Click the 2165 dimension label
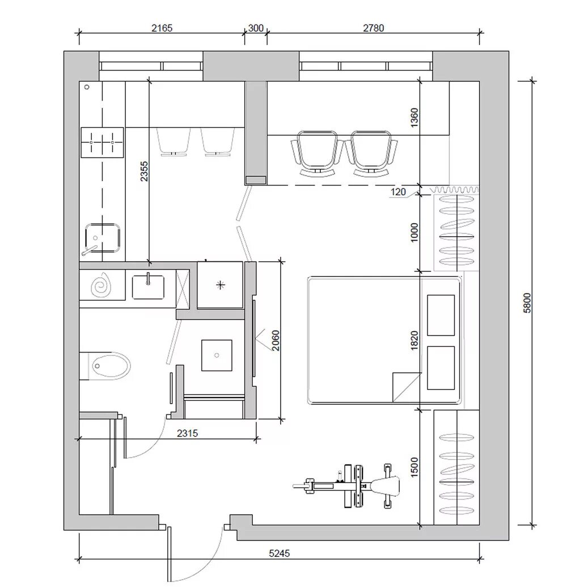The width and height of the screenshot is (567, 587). tap(162, 28)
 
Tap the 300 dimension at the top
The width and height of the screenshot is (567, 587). tap(256, 28)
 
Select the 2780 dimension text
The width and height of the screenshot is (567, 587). tap(373, 28)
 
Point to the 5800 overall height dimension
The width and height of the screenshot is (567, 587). tap(527, 303)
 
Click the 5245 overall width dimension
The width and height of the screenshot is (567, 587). tap(280, 553)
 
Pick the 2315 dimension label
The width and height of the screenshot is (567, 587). tap(187, 433)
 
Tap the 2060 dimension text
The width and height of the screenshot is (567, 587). tap(275, 340)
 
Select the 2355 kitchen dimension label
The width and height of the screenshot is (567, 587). tap(144, 171)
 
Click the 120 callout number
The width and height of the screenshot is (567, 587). tap(398, 192)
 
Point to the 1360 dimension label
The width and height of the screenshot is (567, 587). tap(414, 118)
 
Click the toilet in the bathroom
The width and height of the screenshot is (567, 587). tap(105, 366)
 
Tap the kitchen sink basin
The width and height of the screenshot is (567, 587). tap(102, 238)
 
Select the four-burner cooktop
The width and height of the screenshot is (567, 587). tap(102, 142)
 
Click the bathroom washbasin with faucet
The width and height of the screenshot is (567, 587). tap(148, 287)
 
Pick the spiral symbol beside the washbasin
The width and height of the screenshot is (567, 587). tap(101, 285)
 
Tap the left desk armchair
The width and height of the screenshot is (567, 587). tap(318, 153)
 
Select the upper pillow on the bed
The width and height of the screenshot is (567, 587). tap(441, 315)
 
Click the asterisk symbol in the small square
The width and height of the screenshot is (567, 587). tap(221, 285)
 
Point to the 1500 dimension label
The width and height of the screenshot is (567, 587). tap(414, 467)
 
